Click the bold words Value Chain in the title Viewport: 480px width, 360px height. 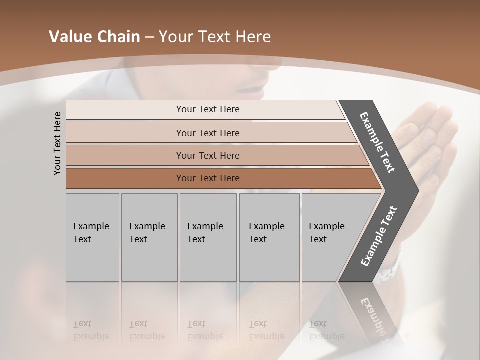point(94,37)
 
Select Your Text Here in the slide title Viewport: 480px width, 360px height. point(215,37)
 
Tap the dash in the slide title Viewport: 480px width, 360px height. point(149,37)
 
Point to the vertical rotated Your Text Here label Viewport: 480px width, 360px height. point(57,143)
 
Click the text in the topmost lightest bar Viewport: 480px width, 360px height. point(208,109)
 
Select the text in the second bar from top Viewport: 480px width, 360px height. point(208,133)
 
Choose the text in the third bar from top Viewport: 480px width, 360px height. point(208,155)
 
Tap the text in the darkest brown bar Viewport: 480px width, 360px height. point(208,178)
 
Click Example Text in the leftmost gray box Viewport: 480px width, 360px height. point(91,233)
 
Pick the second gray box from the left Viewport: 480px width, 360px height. point(149,237)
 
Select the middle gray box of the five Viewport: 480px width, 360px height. point(208,237)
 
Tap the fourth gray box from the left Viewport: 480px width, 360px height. point(269,237)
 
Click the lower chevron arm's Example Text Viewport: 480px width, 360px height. point(379,236)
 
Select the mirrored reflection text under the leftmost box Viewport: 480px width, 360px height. point(91,330)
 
